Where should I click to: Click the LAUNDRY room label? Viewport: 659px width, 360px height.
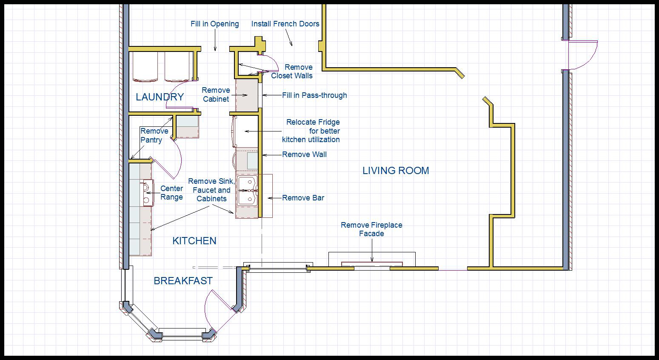pos(160,97)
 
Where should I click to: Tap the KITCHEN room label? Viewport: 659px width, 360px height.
pos(194,241)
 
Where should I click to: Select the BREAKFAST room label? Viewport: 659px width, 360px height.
pos(183,281)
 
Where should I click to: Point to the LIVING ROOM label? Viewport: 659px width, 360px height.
pos(396,171)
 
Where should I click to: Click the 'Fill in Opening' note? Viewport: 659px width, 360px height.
pos(215,24)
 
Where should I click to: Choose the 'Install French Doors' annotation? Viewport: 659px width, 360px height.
pos(285,24)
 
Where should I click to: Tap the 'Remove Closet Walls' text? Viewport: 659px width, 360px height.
pos(292,71)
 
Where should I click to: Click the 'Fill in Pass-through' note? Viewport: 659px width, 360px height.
pos(314,95)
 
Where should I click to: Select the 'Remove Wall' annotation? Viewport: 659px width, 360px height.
pos(304,154)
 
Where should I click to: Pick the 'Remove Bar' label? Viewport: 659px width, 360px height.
pos(303,198)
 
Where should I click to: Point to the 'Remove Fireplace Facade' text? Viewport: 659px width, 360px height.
pos(371,229)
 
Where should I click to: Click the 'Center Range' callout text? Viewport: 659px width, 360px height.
pos(171,193)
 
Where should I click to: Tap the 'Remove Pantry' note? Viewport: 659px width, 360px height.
pos(154,135)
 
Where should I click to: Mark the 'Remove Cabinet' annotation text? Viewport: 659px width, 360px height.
pos(216,94)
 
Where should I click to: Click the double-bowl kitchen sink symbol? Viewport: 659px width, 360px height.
pos(248,191)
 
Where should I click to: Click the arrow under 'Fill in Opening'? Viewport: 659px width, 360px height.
pos(215,40)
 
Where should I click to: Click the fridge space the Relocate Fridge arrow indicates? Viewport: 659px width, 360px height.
pos(245,131)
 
